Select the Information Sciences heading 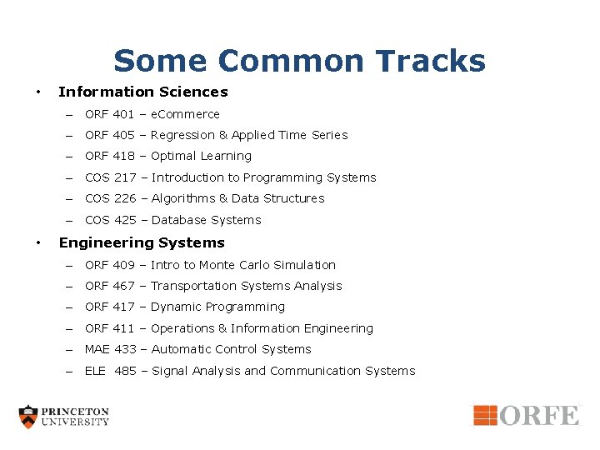(142, 92)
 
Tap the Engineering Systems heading (142, 242)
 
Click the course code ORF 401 (110, 114)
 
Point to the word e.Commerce (185, 114)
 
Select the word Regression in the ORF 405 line (182, 135)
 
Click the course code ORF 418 (110, 156)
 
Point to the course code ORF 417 (110, 307)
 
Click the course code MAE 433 (110, 349)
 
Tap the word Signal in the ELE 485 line (169, 371)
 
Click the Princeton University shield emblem (29, 417)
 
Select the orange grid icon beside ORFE (485, 414)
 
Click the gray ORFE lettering (539, 415)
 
